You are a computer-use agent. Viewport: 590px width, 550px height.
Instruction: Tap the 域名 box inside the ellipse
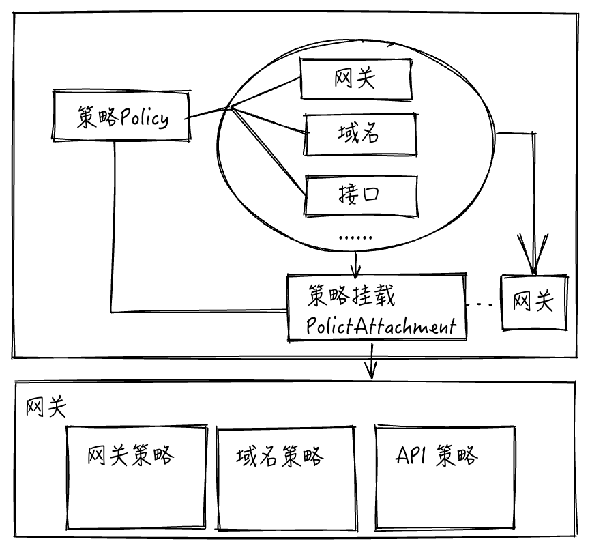coord(359,134)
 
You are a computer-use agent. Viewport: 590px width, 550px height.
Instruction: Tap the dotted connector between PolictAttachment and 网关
coord(484,302)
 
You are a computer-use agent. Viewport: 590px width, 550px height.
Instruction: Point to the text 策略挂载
coord(351,296)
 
